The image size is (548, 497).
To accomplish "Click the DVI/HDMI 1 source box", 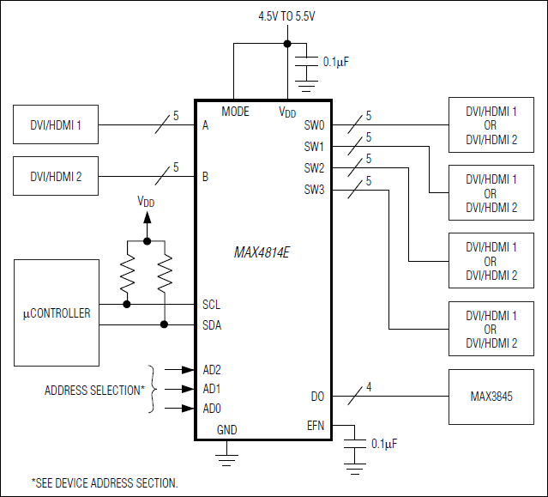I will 56,125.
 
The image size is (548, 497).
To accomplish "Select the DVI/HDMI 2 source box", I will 56,177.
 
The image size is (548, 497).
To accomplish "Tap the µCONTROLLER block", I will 56,313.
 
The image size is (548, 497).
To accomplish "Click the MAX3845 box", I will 491,397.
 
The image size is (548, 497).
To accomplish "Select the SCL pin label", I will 211,304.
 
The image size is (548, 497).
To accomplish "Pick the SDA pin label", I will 211,324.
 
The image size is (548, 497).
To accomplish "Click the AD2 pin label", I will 211,370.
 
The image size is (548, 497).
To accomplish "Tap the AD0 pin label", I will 211,408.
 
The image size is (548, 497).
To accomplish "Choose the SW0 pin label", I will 314,125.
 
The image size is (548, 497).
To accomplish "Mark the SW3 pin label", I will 314,189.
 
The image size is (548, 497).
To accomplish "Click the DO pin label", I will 317,397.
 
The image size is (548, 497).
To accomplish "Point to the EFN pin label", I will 316,425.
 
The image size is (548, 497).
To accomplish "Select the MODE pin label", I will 235,112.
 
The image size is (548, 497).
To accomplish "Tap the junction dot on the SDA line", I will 165,324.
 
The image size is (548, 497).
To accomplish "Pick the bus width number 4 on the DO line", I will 369,387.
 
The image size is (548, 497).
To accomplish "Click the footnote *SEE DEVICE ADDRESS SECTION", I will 105,482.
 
